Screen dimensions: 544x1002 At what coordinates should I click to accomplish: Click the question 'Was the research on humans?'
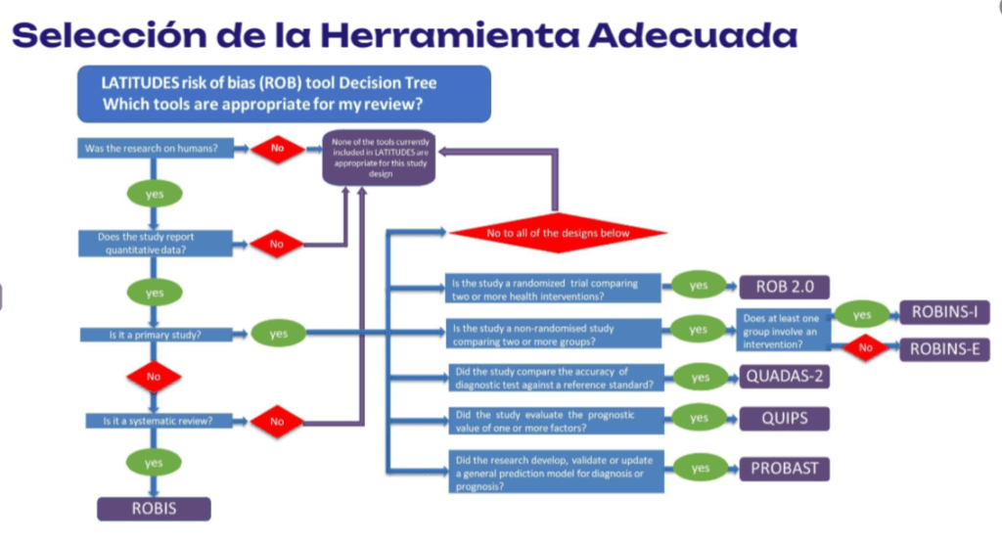point(155,149)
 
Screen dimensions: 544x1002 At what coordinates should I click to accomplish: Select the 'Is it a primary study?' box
point(155,335)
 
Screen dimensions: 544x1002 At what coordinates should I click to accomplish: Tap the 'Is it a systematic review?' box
point(155,422)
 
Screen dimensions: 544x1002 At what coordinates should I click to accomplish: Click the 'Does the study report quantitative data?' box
point(155,243)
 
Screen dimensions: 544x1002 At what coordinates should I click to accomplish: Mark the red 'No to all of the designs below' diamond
point(558,233)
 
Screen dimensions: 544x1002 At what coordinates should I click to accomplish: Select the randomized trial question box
point(554,288)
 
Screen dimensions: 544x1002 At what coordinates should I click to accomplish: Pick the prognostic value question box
point(554,421)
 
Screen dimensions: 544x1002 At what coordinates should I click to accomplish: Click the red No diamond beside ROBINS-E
point(864,348)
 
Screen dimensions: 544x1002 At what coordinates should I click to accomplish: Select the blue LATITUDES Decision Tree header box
point(283,92)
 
